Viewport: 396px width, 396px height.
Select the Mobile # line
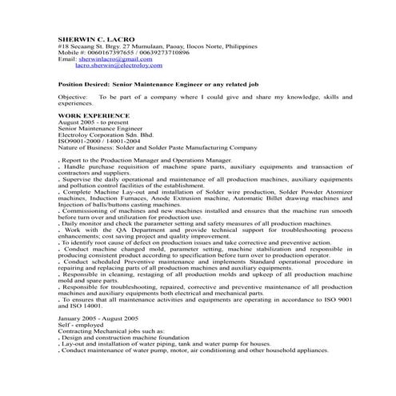click(124, 53)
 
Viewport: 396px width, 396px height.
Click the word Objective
click(73, 96)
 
